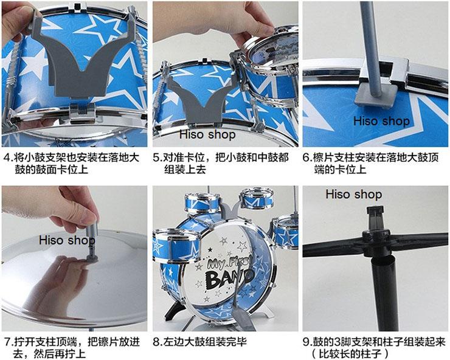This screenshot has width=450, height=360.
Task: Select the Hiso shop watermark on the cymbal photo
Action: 67,240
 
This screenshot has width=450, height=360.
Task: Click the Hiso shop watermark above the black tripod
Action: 353,195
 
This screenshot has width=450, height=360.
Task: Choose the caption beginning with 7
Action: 73,347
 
